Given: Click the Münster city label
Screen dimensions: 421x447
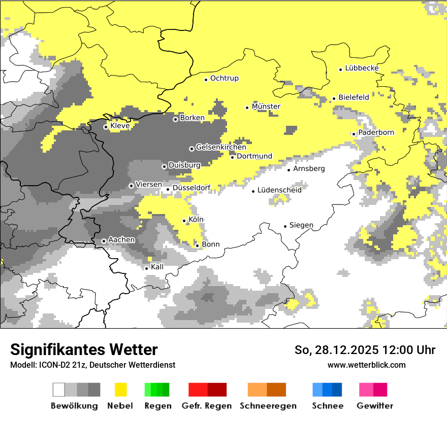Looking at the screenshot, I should coord(266,107).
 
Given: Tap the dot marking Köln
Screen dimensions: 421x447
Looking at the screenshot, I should coord(184,221).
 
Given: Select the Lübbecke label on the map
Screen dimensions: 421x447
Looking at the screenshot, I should coord(362,68).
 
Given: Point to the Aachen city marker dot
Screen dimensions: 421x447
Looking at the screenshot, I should coord(104,241).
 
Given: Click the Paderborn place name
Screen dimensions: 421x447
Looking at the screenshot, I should coord(376,132).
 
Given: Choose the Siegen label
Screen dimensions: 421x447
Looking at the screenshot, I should coord(301,225).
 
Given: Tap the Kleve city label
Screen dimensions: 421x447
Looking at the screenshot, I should coord(120,126).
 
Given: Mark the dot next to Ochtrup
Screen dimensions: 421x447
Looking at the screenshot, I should coord(206,80).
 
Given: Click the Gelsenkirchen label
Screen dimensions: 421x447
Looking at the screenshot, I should coord(221,147).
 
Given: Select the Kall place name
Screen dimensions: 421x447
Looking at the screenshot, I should coord(157,267).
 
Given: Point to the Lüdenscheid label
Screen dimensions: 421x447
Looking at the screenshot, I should coord(279,190).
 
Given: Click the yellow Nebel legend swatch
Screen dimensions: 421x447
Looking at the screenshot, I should coord(120,390).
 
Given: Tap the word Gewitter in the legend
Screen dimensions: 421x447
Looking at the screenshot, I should coord(375,406).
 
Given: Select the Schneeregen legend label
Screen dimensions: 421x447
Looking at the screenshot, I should coord(268,406).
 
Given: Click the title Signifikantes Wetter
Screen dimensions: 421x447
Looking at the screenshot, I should coord(84,349).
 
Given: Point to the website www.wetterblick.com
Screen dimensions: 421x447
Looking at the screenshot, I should coord(367,365).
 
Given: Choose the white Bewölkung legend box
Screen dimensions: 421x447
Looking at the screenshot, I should coord(59,390).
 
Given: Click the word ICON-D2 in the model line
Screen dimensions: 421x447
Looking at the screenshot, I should coord(50,365).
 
